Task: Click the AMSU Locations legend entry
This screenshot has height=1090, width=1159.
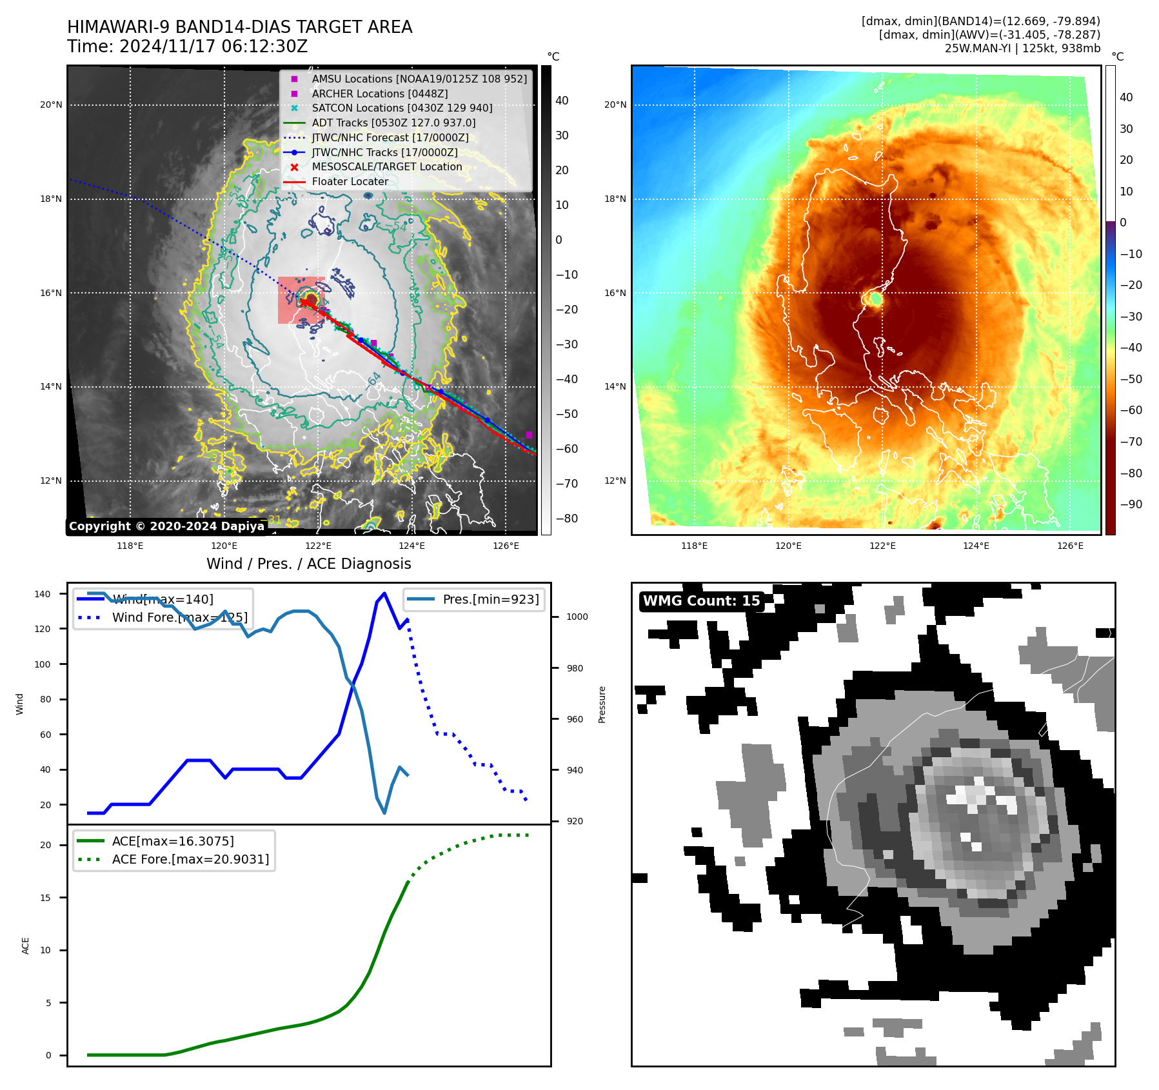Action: [x=419, y=79]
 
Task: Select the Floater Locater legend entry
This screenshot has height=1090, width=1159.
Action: [x=350, y=182]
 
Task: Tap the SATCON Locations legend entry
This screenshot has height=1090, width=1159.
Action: [x=402, y=108]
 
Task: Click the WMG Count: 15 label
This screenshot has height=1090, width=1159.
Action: [x=701, y=601]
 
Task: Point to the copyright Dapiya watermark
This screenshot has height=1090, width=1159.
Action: [x=166, y=526]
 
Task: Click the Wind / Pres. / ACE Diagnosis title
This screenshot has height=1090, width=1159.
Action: [x=308, y=564]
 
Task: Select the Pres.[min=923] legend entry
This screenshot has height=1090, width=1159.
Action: [x=490, y=599]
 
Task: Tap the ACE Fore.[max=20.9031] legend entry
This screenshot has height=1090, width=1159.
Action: [x=190, y=859]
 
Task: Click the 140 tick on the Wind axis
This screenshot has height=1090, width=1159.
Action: [x=43, y=594]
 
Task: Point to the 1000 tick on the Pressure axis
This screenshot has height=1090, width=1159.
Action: [x=577, y=617]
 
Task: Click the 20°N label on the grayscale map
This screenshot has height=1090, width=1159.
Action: [x=52, y=105]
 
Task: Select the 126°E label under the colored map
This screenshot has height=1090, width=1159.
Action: [x=1070, y=546]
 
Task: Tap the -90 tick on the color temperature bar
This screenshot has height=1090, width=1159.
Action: [x=1131, y=504]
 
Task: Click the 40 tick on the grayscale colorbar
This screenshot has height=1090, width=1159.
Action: [x=562, y=101]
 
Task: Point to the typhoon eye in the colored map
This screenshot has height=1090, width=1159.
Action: [x=876, y=299]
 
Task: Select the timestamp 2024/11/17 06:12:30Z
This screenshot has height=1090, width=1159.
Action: [x=213, y=47]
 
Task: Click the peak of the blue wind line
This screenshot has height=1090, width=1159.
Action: [x=384, y=593]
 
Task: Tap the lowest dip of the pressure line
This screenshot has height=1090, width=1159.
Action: [x=384, y=813]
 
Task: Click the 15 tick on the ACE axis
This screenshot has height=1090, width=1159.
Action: [x=45, y=898]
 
